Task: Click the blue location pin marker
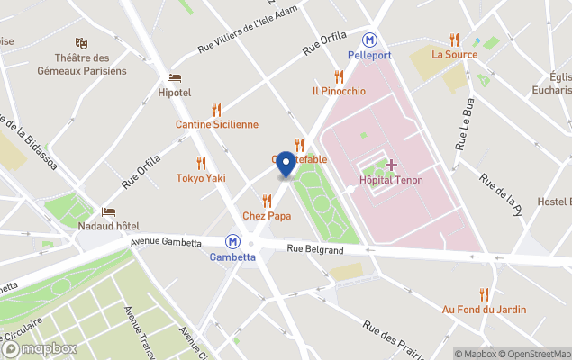[x=286, y=164]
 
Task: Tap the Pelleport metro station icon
[x=369, y=40]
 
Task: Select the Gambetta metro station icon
[x=233, y=241]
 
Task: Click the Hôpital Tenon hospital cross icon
[x=392, y=165]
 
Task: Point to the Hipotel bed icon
[x=174, y=78]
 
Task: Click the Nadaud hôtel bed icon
[x=109, y=212]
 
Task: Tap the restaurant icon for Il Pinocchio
[x=339, y=76]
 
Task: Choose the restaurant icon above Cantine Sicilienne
[x=216, y=110]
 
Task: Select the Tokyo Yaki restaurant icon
[x=201, y=163]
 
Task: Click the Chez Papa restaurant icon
[x=267, y=201]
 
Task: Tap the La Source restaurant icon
[x=455, y=40]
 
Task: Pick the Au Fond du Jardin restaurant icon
[x=484, y=294]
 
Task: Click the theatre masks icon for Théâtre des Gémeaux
[x=82, y=43]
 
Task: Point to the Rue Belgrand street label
[x=315, y=249]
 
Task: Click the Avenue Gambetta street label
[x=175, y=241]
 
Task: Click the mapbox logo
[x=40, y=348]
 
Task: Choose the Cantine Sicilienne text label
[x=216, y=125]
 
